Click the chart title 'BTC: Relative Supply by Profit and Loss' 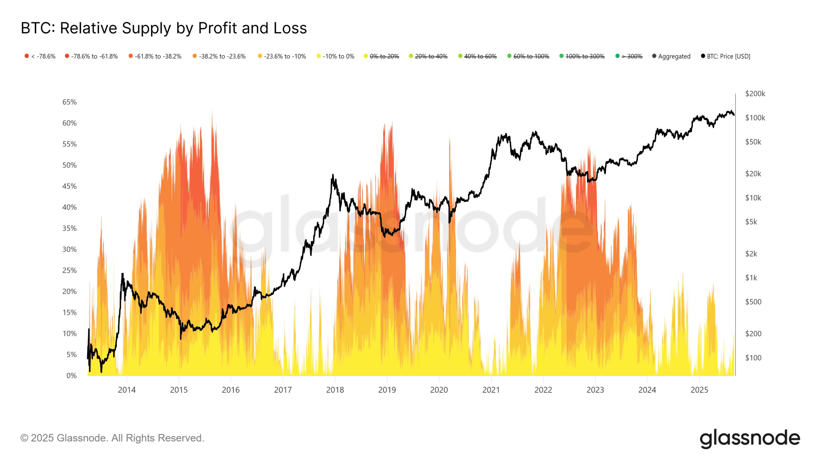164,28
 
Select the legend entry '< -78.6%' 40,56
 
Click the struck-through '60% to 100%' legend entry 528,56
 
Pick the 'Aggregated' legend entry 671,56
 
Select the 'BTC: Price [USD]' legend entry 726,56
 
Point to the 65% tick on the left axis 69,102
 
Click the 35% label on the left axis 69,228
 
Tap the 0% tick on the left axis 71,376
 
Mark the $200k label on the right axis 755,94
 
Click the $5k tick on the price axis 751,222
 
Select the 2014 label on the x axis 127,390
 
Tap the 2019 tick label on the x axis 387,390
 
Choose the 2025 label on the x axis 699,390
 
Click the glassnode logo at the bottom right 750,438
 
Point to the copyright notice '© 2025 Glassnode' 112,438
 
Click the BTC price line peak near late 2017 333,175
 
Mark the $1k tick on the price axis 751,278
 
